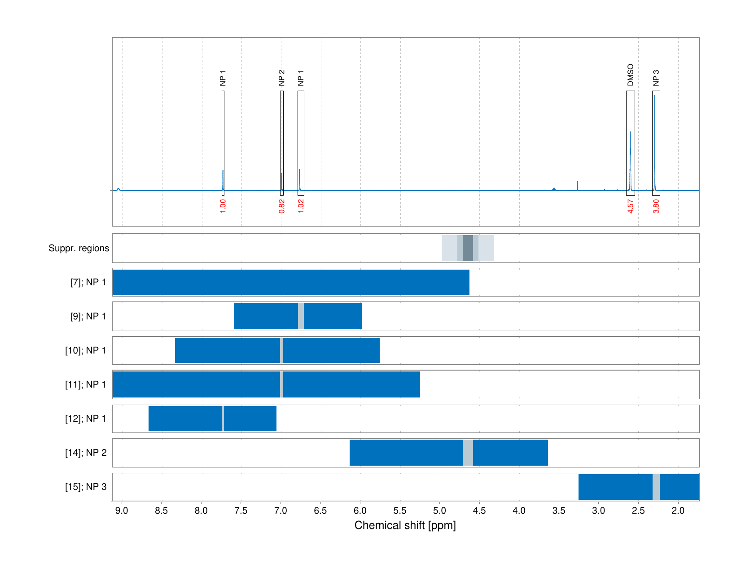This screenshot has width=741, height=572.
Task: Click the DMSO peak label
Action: click(630, 75)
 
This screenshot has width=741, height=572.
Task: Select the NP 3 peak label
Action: click(656, 78)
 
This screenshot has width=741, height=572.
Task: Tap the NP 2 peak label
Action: click(281, 78)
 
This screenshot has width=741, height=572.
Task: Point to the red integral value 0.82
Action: click(281, 206)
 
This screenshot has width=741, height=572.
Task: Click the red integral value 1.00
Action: click(223, 206)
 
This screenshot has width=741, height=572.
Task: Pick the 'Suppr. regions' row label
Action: click(79, 248)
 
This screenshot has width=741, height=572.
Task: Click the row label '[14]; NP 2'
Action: click(86, 453)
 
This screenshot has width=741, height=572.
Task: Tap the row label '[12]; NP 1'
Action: click(86, 419)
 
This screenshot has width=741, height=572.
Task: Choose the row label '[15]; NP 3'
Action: click(86, 487)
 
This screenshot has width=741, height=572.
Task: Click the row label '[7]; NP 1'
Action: click(88, 282)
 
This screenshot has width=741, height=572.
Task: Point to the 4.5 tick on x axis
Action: click(479, 511)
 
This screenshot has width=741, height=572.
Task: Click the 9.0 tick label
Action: click(122, 511)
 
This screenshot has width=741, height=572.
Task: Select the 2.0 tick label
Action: click(678, 511)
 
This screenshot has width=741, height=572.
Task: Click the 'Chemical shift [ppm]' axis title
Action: click(405, 525)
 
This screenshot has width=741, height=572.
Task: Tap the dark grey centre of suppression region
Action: click(468, 248)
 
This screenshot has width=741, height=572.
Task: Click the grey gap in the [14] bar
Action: click(468, 453)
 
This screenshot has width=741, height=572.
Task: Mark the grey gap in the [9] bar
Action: click(301, 316)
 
